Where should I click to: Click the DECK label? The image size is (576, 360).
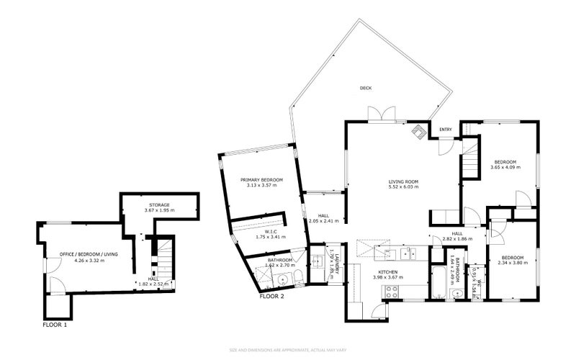coord(366,89)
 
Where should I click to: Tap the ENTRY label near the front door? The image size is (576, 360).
coord(446,130)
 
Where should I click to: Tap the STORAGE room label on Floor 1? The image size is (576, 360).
coord(159,205)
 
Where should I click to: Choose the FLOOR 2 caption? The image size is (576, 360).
coord(273,296)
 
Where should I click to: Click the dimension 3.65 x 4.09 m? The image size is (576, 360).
coord(504,168)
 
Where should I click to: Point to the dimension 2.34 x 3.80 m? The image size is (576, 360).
coord(513,263)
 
